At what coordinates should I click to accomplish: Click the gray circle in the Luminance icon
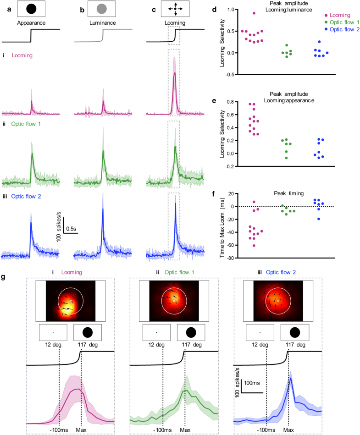[101, 8]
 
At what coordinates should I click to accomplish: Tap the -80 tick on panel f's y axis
[232, 258]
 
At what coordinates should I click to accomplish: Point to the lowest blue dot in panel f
[319, 219]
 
